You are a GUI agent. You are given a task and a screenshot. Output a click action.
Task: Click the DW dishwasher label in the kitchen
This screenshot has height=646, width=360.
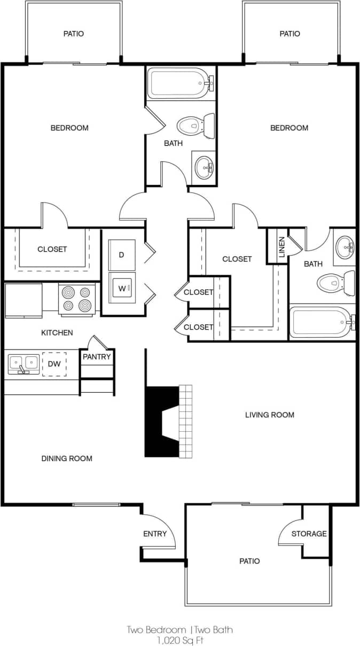click(54, 363)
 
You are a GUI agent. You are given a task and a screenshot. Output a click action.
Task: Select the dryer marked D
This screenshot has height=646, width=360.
click(122, 254)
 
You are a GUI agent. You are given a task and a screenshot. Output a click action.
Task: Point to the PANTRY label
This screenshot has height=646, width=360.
click(97, 356)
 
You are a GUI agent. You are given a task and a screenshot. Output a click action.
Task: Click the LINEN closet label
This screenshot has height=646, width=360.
click(282, 246)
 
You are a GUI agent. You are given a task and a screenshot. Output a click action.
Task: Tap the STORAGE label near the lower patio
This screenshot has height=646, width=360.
click(309, 533)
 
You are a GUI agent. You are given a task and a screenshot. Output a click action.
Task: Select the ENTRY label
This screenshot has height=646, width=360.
click(155, 533)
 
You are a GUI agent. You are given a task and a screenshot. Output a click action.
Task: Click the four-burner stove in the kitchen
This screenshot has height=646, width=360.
click(76, 299)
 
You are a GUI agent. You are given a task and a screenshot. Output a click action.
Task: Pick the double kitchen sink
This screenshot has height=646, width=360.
click(24, 363)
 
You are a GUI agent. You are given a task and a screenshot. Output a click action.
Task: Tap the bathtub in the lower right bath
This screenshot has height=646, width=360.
click(320, 323)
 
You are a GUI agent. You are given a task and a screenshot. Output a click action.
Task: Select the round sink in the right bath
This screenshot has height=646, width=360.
click(346, 247)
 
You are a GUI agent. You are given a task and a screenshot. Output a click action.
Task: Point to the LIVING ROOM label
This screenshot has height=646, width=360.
click(269, 415)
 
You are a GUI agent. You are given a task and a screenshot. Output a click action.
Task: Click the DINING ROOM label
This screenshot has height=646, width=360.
click(67, 458)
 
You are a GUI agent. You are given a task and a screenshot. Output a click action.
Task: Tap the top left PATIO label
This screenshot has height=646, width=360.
click(74, 34)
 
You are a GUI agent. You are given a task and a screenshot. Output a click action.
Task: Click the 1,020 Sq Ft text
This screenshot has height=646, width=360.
click(179, 639)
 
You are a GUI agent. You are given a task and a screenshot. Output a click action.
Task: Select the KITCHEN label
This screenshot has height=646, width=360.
click(57, 333)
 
